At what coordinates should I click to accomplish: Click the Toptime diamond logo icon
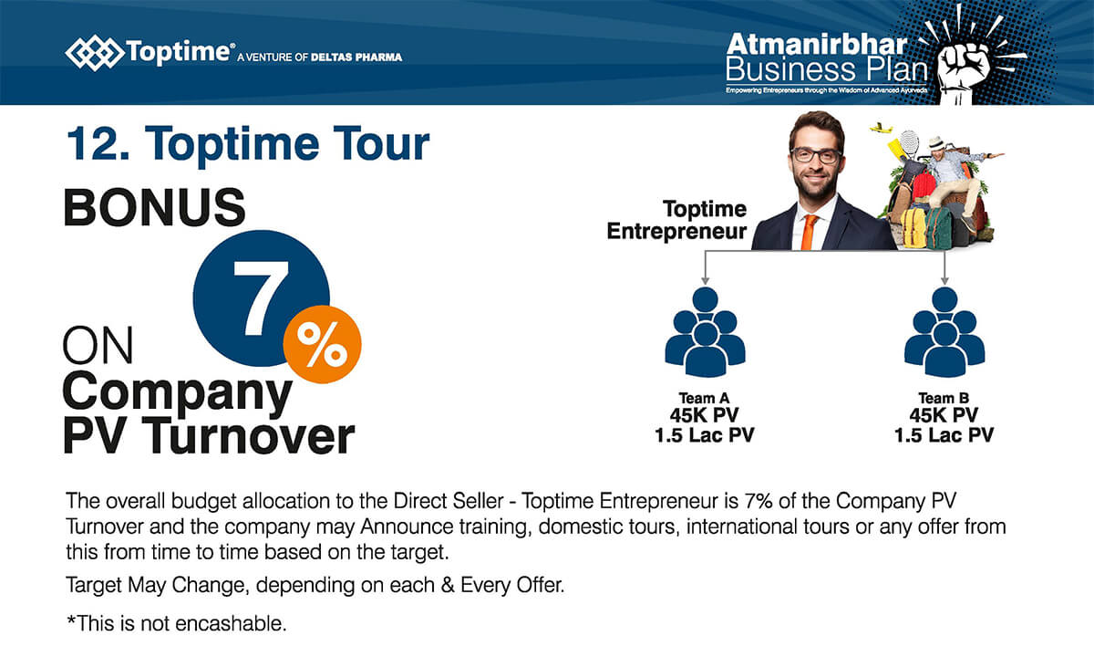pyautogui.click(x=94, y=53)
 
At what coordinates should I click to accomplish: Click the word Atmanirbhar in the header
pyautogui.click(x=817, y=45)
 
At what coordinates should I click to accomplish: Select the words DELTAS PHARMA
pyautogui.click(x=356, y=57)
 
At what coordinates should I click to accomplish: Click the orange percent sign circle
pyautogui.click(x=323, y=344)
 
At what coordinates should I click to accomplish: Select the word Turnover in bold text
pyautogui.click(x=248, y=436)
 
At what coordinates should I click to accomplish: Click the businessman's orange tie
pyautogui.click(x=810, y=231)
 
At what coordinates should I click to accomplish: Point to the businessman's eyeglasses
pyautogui.click(x=816, y=155)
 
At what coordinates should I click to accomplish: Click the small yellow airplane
pyautogui.click(x=881, y=129)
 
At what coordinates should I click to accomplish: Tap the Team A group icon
pyautogui.click(x=705, y=332)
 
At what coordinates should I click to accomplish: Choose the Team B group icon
pyautogui.click(x=944, y=332)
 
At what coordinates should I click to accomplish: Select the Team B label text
pyautogui.click(x=944, y=398)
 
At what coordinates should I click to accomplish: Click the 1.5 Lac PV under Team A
pyautogui.click(x=704, y=435)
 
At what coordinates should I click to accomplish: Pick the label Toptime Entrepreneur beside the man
pyautogui.click(x=676, y=220)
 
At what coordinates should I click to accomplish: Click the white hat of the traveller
pyautogui.click(x=935, y=142)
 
